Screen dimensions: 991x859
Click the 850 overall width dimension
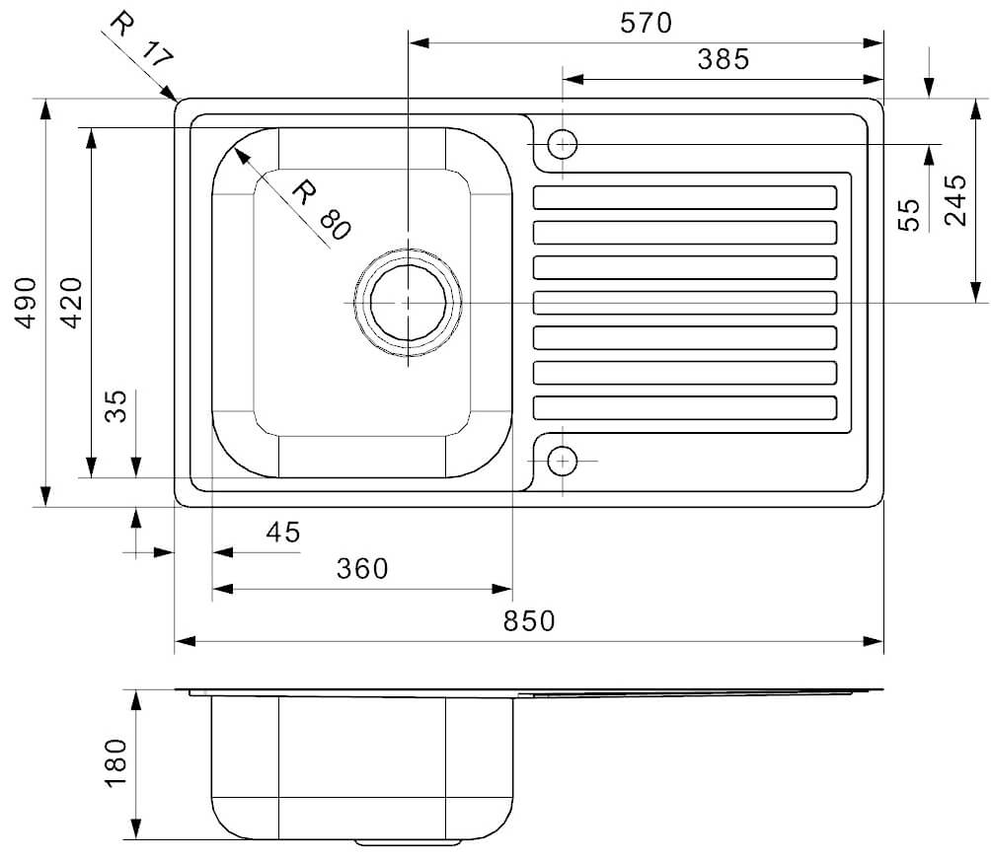529,621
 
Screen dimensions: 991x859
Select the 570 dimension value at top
646,24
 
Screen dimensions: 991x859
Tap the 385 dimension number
724,59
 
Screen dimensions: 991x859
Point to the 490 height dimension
27,303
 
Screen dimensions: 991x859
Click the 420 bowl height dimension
73,303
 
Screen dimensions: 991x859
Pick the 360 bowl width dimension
362,568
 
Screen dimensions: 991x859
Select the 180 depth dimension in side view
116,763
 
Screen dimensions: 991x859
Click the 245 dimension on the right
955,200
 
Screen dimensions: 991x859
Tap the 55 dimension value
909,215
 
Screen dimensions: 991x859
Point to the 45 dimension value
283,533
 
